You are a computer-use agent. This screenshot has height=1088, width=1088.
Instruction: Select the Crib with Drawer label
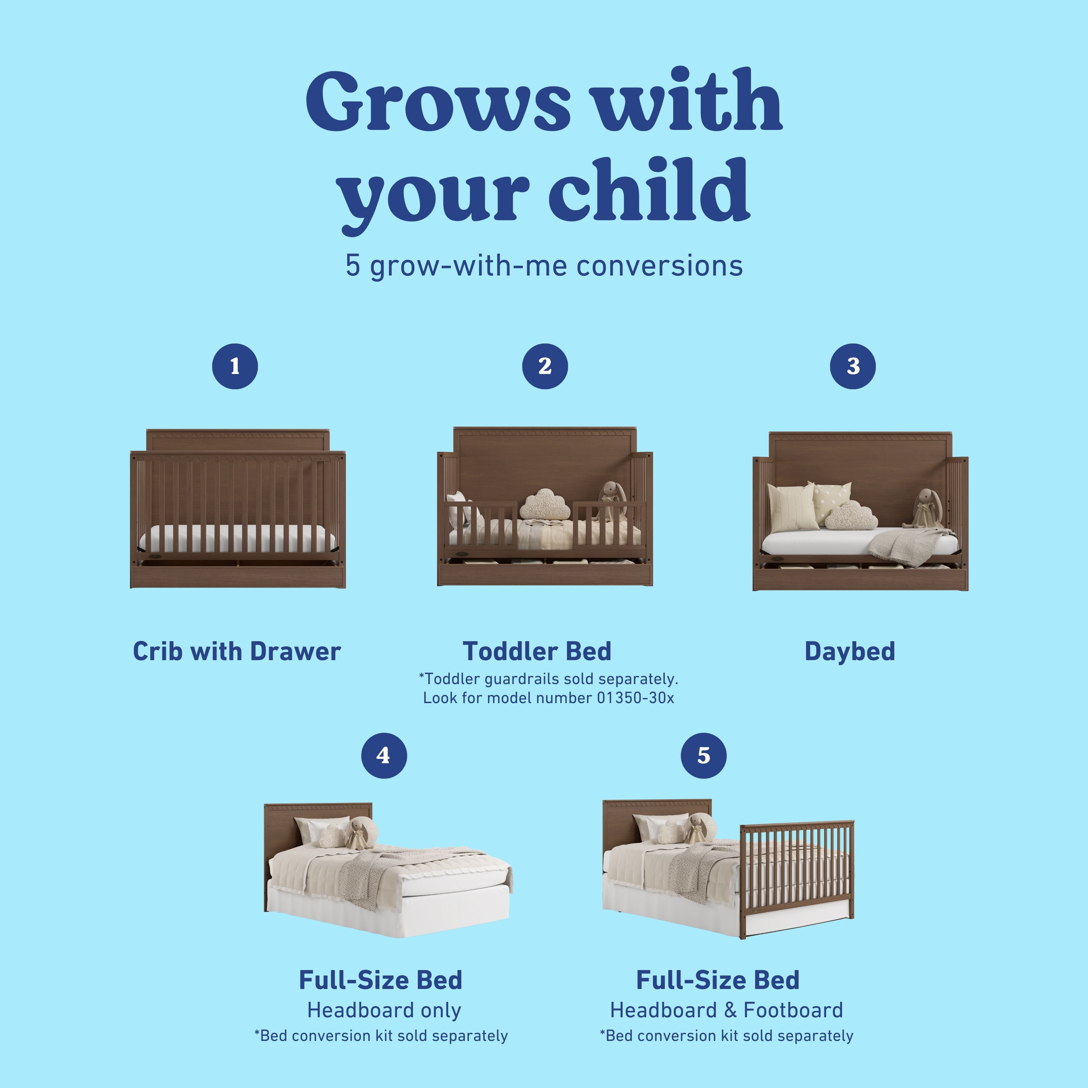pyautogui.click(x=237, y=651)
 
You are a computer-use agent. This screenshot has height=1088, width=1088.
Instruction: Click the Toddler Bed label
pyautogui.click(x=537, y=651)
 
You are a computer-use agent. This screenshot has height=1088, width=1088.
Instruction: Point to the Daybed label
pyautogui.click(x=849, y=651)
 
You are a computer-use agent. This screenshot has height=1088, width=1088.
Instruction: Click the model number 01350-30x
pyautogui.click(x=635, y=698)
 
